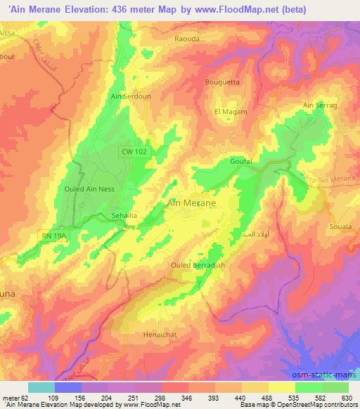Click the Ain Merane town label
pos(191,202)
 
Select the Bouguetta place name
pos(221,82)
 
